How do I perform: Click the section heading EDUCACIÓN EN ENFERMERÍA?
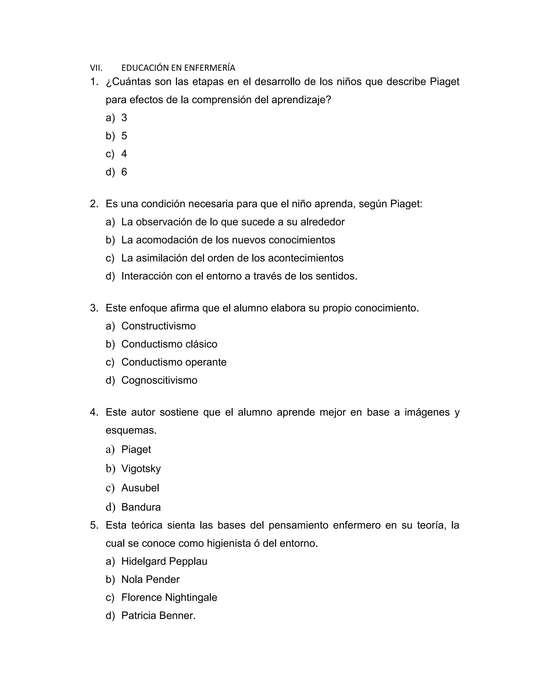pos(178,68)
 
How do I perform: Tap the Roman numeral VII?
pos(96,68)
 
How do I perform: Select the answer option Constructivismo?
pos(159,326)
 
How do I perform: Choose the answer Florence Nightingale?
pos(169,597)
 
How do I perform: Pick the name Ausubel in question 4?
pos(140,488)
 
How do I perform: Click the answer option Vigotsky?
pos(141,468)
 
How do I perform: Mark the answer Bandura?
pos(141,507)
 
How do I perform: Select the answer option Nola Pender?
pos(150,579)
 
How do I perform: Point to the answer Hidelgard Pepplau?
pos(164,561)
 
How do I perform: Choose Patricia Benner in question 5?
pos(159,615)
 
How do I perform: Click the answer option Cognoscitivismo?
pos(159,380)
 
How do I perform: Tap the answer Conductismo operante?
pos(174,362)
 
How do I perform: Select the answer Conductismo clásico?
pos(169,344)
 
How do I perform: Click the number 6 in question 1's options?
pos(124,172)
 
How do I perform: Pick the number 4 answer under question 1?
pos(124,154)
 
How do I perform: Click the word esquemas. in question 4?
pos(131,430)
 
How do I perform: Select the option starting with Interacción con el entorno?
pos(239,276)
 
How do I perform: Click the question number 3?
pos(94,308)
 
